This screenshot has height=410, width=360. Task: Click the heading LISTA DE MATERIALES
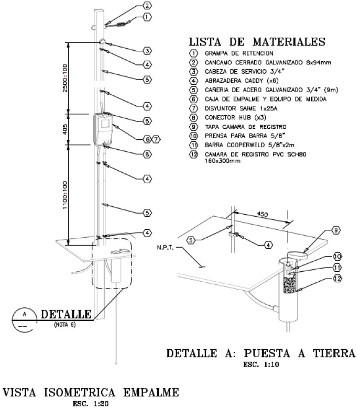click(x=257, y=41)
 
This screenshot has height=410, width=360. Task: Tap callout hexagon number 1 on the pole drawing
click(x=147, y=17)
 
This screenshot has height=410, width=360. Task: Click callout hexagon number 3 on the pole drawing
click(x=147, y=51)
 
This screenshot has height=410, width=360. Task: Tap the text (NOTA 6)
click(x=64, y=325)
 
